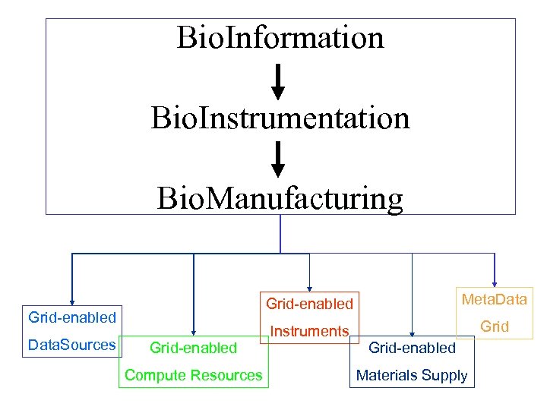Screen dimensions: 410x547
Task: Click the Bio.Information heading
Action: tap(280, 37)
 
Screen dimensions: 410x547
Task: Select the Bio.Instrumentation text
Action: tap(280, 118)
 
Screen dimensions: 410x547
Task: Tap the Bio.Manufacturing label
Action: tap(280, 198)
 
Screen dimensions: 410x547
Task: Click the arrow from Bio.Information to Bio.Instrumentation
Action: tap(278, 82)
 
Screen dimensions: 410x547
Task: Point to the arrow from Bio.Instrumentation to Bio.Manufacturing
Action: tap(278, 161)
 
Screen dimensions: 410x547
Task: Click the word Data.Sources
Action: tap(71, 345)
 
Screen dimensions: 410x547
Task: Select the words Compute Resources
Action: tap(193, 375)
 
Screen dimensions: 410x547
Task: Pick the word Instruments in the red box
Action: tap(309, 331)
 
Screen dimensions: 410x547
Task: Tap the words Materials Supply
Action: tap(412, 375)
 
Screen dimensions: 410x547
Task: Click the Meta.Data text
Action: tap(494, 299)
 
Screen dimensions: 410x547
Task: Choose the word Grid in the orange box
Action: tap(494, 326)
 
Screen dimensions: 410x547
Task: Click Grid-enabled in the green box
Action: tap(193, 348)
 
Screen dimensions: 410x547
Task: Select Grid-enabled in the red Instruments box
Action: tap(309, 304)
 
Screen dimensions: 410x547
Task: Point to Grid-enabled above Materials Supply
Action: tap(412, 348)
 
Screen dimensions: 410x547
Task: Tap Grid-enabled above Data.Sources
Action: tap(71, 317)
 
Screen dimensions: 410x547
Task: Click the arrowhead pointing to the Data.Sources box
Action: tap(71, 301)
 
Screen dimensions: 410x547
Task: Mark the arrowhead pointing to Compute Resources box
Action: tap(194, 331)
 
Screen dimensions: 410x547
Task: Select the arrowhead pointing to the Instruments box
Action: tap(309, 286)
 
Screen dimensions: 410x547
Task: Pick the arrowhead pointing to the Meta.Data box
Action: tap(495, 283)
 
